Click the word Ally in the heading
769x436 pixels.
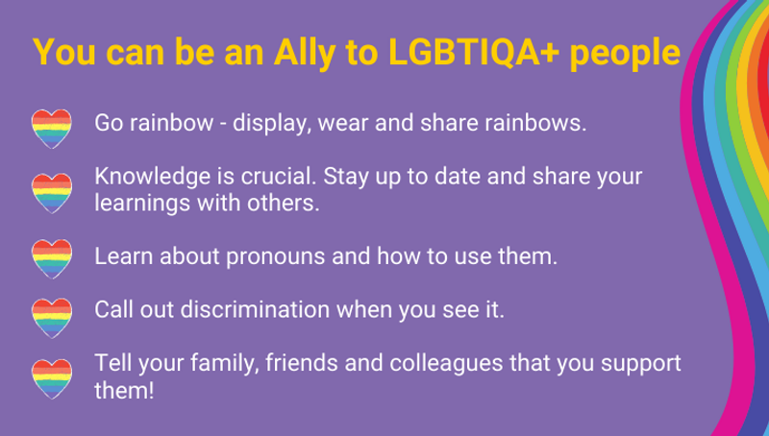305,53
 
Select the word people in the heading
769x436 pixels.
625,54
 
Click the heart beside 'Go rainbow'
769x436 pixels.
52,129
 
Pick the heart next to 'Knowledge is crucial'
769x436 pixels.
52,193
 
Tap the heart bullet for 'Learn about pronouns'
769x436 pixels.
52,258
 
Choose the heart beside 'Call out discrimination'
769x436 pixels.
52,318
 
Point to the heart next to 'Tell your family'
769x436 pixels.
52,378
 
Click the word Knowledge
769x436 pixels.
153,178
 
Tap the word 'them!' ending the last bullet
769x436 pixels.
124,391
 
